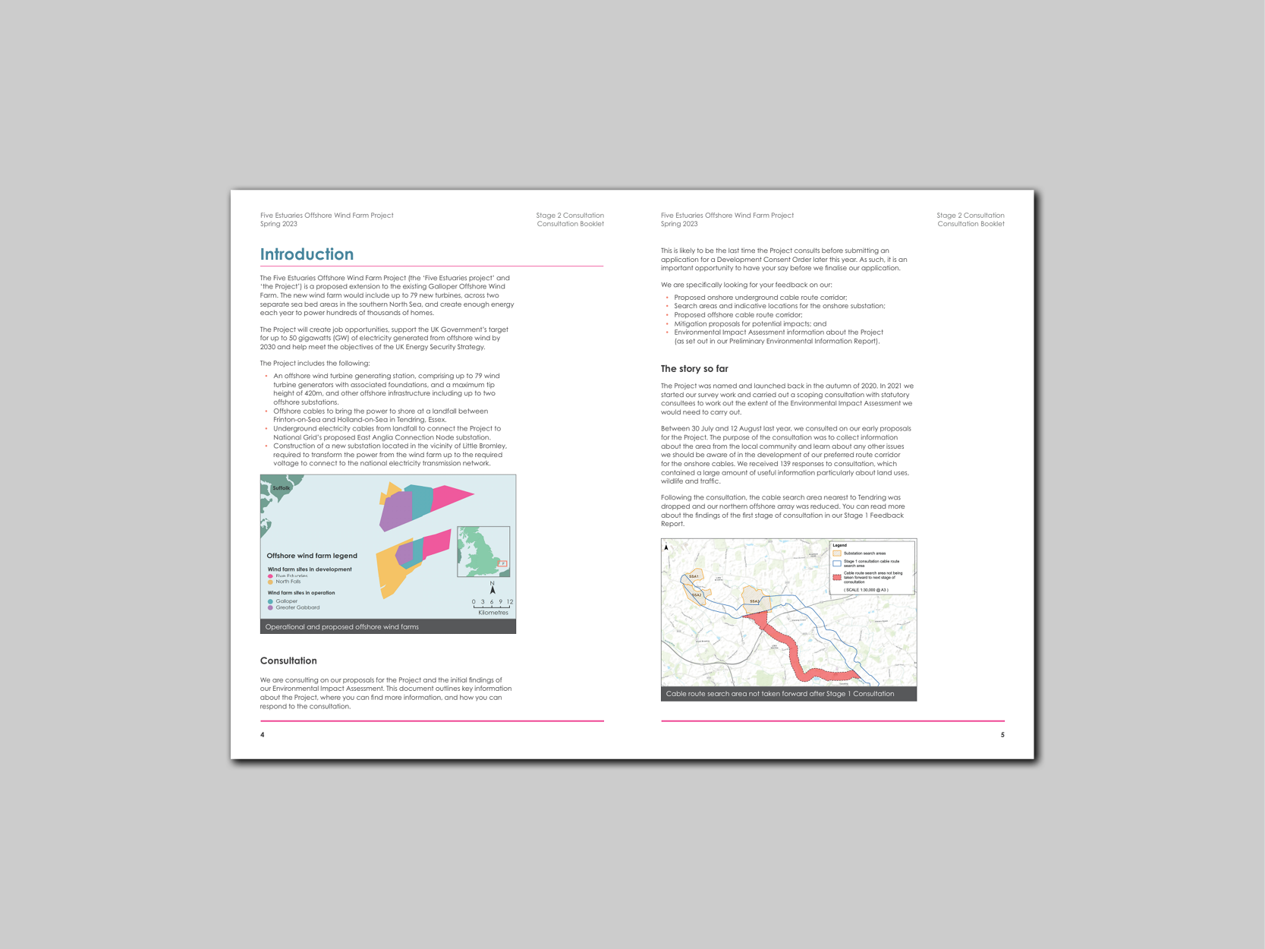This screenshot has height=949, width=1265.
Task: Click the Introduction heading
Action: coord(307,254)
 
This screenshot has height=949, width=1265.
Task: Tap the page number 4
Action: coord(263,735)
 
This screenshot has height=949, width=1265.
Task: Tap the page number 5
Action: coord(1002,735)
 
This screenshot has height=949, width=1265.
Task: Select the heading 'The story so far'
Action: coord(694,369)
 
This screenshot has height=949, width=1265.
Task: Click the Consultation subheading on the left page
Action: coord(288,661)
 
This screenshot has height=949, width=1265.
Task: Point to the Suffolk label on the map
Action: coord(281,488)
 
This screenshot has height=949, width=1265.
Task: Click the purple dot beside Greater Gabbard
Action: coord(270,607)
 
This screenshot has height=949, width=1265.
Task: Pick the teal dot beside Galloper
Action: coord(270,601)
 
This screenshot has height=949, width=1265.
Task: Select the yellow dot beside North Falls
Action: coord(270,582)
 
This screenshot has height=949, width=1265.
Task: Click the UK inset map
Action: coord(483,552)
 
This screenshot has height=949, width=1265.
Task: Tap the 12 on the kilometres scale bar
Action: coord(510,602)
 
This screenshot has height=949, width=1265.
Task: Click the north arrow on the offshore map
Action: coord(492,588)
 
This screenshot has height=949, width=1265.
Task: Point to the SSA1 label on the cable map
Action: coord(694,577)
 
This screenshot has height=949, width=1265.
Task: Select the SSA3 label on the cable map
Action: coord(754,601)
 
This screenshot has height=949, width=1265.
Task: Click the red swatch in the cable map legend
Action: coord(837,577)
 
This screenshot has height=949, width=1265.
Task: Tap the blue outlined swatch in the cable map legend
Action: coord(837,563)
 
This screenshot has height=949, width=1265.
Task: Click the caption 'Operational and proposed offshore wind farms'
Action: coord(341,627)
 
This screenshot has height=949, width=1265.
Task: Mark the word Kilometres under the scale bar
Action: coord(493,613)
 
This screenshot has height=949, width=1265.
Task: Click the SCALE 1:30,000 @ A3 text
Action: coord(865,590)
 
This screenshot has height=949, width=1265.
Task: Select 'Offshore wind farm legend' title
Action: coord(312,556)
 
